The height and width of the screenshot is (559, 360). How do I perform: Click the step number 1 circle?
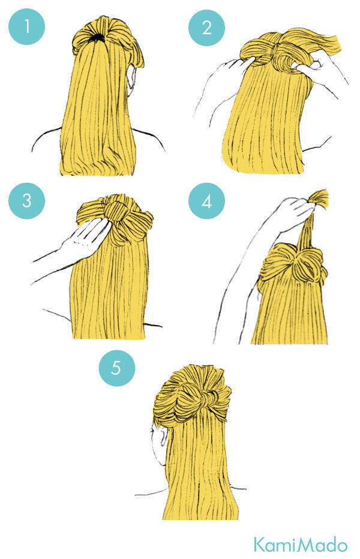click(27, 27)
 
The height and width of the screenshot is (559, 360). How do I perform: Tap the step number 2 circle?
click(207, 28)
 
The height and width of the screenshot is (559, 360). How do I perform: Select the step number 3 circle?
click(27, 201)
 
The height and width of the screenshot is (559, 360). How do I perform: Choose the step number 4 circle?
click(207, 201)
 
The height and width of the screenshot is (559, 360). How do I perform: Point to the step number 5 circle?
click(117, 368)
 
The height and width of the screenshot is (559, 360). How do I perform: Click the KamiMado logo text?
click(301, 545)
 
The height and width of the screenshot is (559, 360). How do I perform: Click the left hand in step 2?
click(233, 68)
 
